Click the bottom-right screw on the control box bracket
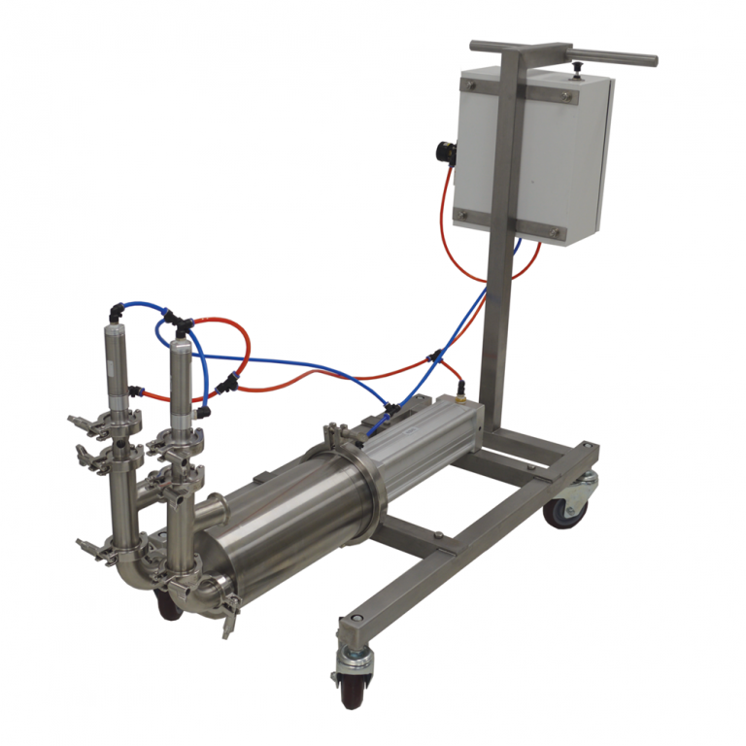(555, 232)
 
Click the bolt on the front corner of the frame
(352, 618)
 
